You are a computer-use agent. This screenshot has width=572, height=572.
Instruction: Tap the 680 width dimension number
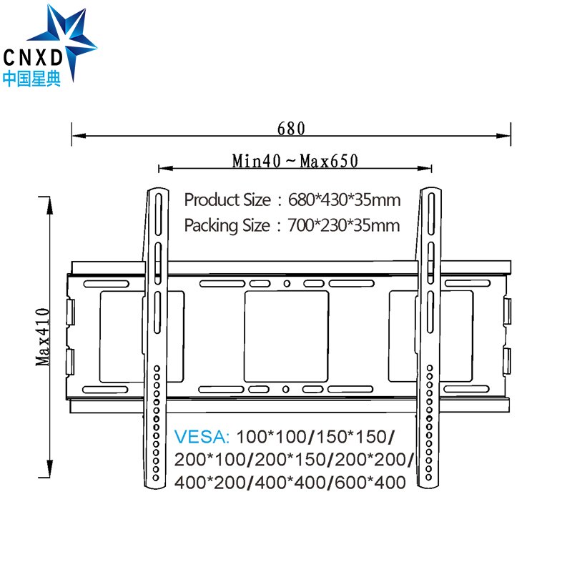[x=291, y=129]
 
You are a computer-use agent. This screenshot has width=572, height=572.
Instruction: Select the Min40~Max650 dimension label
[x=295, y=161]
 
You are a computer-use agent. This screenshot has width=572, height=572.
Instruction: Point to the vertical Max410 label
[x=43, y=336]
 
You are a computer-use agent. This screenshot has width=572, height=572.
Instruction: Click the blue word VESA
[x=202, y=436]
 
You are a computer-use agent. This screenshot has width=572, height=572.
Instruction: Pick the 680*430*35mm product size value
[x=344, y=199]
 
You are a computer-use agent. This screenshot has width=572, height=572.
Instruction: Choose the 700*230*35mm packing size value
[x=344, y=226]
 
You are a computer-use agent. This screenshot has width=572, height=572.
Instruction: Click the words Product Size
[x=227, y=199]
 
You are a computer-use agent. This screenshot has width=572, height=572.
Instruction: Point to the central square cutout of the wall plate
[x=286, y=335]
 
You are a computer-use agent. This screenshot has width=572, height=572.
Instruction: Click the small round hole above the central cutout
[x=286, y=284]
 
